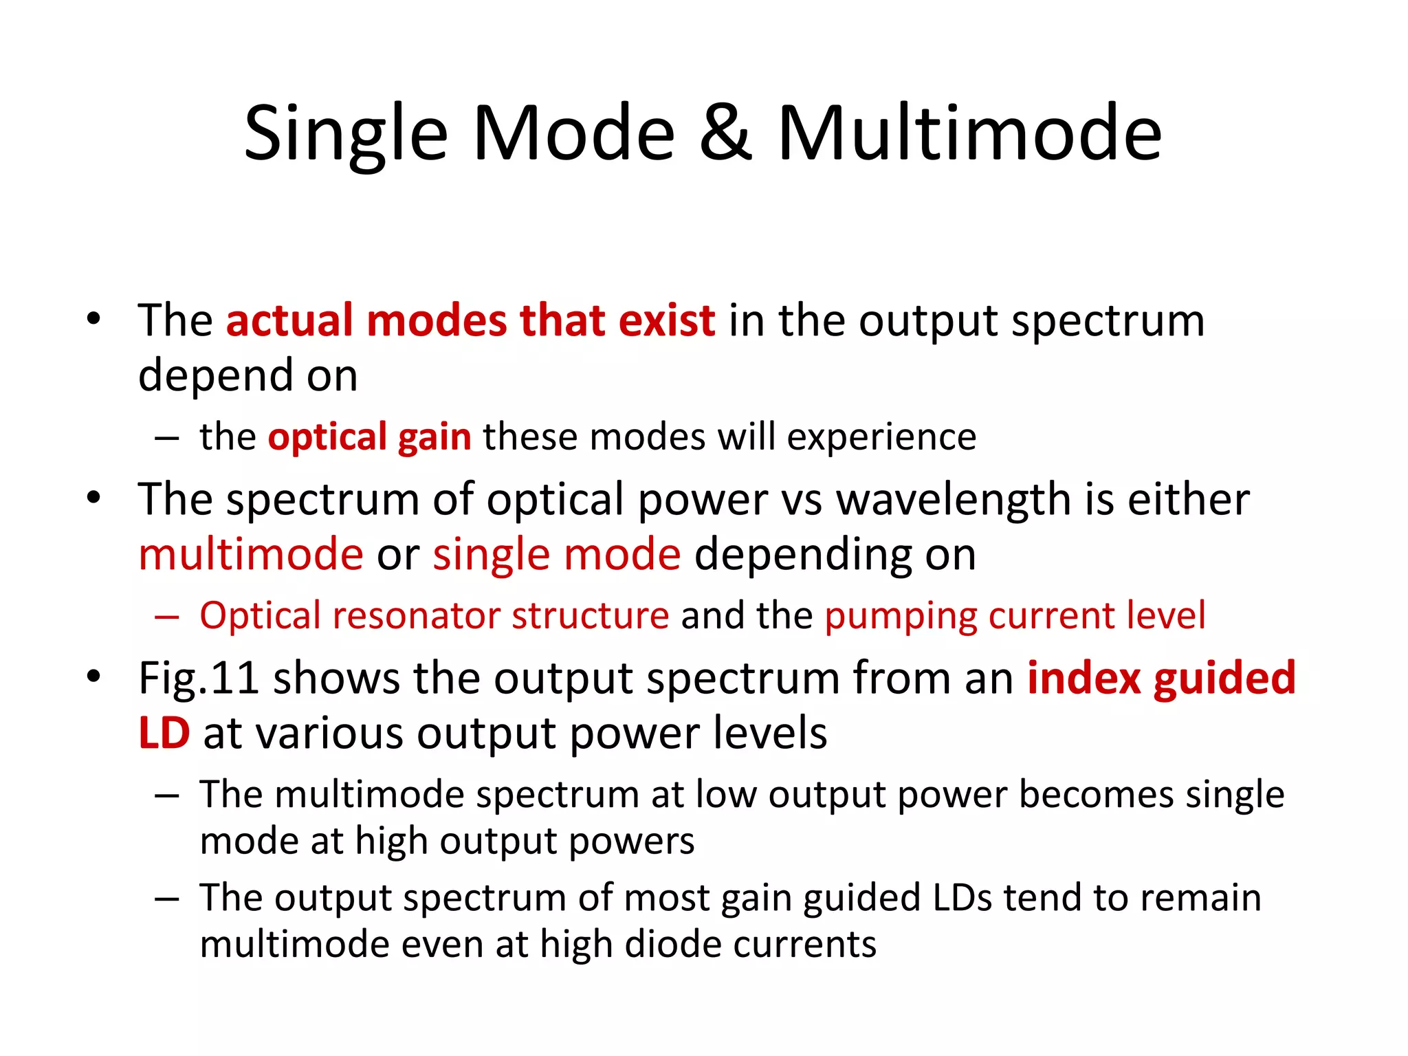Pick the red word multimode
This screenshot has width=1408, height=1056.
[251, 555]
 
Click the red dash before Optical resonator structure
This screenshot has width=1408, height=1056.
[167, 617]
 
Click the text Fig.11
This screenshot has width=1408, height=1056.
[199, 679]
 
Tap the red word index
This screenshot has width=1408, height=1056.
[1083, 679]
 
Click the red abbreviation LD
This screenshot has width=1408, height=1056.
[164, 734]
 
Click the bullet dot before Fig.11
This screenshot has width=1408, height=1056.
[93, 676]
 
